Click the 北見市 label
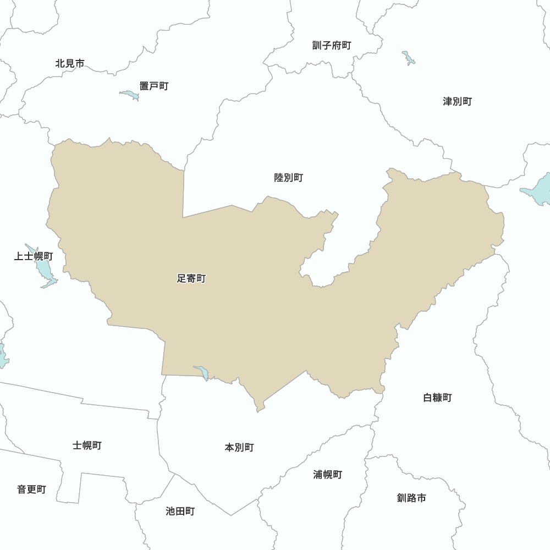pos(70,63)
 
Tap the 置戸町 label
pos(154,86)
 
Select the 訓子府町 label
pos(332,45)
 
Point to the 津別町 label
pos(458,101)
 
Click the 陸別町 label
pos(289,178)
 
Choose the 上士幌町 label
pos(34,256)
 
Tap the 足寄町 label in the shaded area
pos(191,279)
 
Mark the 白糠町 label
pos(438,397)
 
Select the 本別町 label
pos(239,448)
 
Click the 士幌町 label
pos(87,446)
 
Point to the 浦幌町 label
pos(328,474)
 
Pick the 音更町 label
pos(31,490)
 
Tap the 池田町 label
pos(180,512)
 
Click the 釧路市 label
pos(411,498)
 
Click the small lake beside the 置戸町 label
pos(130,96)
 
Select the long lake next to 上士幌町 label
pos(43,268)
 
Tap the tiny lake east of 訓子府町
pos(408,57)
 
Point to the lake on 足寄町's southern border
pos(202,372)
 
